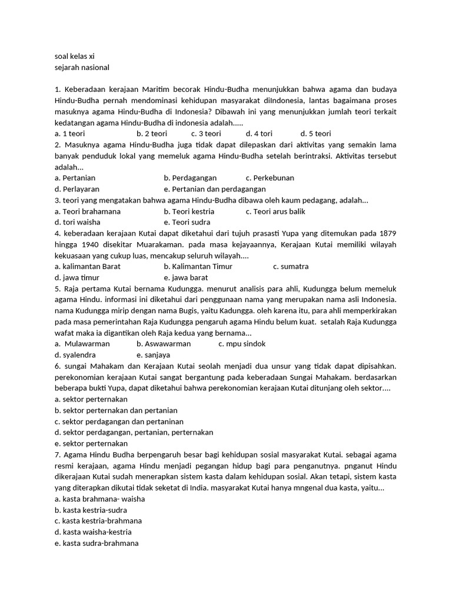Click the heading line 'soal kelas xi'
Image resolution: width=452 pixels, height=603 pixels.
point(74,57)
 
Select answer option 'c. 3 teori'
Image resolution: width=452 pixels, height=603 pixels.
point(206,134)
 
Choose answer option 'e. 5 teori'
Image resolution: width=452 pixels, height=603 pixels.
point(316,134)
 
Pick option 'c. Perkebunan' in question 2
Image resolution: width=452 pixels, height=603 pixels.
point(270,178)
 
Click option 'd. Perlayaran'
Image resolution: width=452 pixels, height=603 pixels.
point(77,189)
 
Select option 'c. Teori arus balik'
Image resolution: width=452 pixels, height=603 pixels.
point(275,211)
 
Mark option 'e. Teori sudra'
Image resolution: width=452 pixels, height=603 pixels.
point(187,222)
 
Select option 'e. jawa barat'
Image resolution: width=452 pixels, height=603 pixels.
point(186,277)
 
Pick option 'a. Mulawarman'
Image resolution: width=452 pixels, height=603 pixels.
point(82,344)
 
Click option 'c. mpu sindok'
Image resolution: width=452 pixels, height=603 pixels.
point(242,344)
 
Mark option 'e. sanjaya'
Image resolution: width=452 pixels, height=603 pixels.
point(153,355)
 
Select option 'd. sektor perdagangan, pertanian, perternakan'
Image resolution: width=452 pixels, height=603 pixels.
point(134,432)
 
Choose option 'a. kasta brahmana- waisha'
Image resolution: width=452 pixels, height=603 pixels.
point(99,499)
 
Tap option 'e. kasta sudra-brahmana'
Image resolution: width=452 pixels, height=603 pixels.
point(97,543)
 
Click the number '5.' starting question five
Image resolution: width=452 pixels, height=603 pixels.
point(58,289)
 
